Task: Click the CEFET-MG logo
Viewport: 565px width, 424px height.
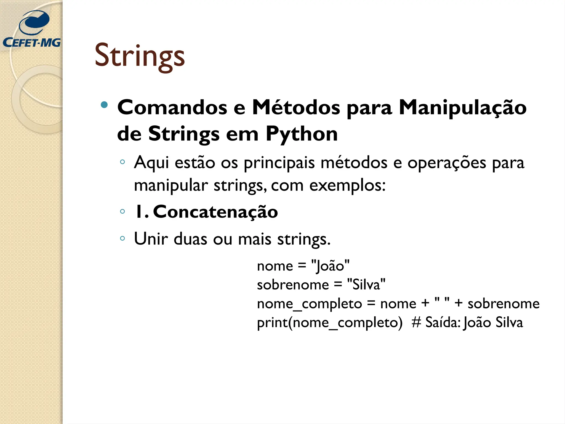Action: (x=32, y=29)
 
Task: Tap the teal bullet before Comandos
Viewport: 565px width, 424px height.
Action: (x=104, y=105)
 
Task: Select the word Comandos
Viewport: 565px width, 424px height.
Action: (x=172, y=107)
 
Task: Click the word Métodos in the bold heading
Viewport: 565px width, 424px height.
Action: (x=296, y=107)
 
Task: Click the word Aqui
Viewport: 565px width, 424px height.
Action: (x=151, y=163)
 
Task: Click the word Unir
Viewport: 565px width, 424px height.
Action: (x=151, y=239)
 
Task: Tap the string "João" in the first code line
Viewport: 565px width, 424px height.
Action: (x=330, y=266)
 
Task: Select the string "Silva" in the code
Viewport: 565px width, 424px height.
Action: (x=366, y=285)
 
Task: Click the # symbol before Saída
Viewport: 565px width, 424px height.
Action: (x=416, y=322)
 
